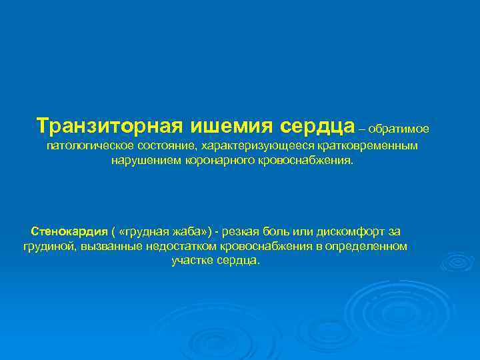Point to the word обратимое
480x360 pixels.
[403, 127]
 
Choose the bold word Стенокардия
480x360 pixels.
[69, 231]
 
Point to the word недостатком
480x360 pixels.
[174, 246]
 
